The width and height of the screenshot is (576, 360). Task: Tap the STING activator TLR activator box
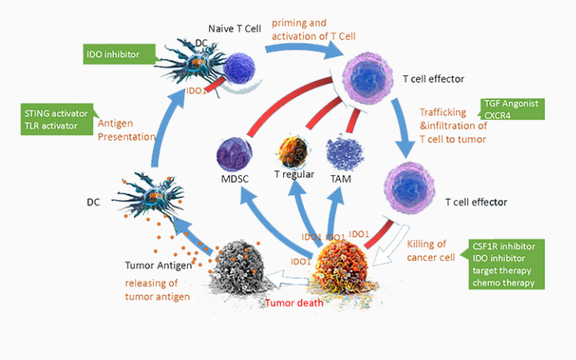coord(56,120)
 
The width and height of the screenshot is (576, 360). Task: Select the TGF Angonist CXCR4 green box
coord(511,109)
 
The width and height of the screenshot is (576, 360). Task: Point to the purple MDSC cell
coord(235,154)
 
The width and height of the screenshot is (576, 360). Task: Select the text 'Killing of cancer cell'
coord(431,250)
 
